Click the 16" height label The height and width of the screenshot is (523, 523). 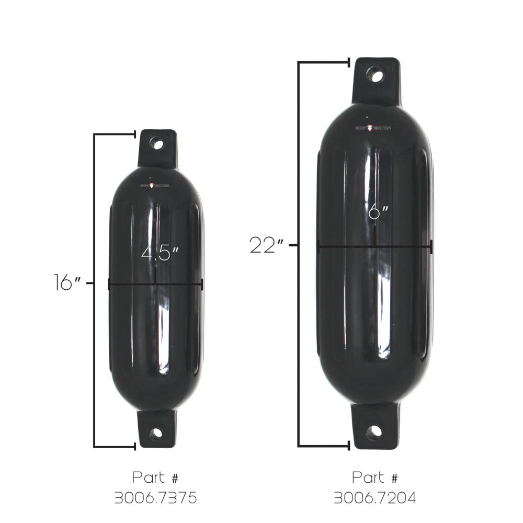tap(68, 282)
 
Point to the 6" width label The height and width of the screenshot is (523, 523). tap(378, 212)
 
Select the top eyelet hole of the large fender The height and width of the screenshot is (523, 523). tap(374, 75)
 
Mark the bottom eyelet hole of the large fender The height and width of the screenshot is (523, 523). tap(374, 432)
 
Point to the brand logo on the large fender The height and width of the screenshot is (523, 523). tap(373, 128)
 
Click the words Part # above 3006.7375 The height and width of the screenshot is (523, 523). tap(156, 477)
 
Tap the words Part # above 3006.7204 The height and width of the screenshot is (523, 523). tap(375, 477)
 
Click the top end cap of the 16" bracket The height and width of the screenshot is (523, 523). tap(135, 134)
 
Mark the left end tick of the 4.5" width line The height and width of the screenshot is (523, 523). tap(109, 284)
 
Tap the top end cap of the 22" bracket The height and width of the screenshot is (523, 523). tap(349, 63)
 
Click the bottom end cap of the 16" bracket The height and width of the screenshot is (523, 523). tap(135, 447)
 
